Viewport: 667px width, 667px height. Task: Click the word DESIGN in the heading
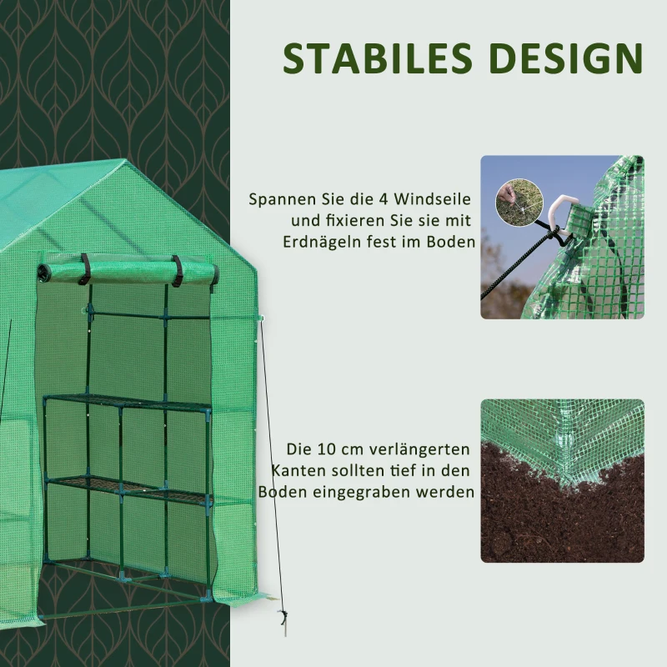(x=567, y=58)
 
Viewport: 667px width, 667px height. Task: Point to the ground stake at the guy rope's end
(x=282, y=621)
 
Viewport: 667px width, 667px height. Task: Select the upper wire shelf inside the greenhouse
(x=125, y=402)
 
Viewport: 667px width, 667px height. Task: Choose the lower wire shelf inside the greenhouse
(x=125, y=488)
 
